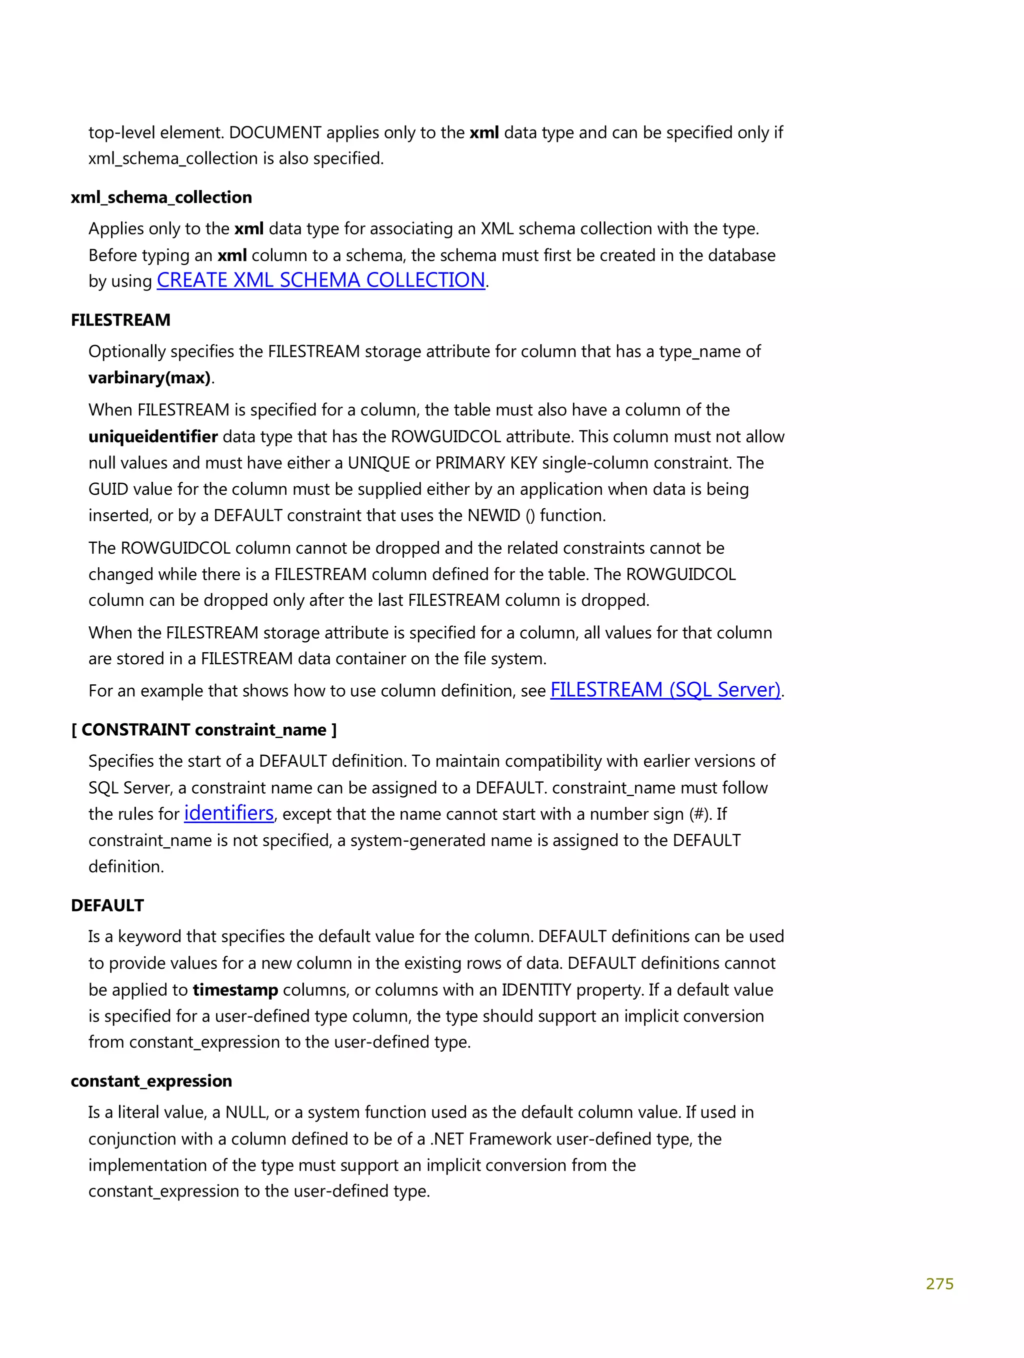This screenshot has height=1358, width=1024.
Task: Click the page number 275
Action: pos(938,1284)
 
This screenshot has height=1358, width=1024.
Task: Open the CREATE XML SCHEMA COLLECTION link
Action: pos(320,280)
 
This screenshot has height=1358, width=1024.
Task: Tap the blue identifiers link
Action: pos(228,813)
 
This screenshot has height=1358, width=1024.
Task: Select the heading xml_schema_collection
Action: pos(161,197)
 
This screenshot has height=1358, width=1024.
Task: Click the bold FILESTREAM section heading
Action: pos(120,320)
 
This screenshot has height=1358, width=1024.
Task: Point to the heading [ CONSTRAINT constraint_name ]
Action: pos(203,729)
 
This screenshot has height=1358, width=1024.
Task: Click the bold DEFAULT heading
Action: pos(107,905)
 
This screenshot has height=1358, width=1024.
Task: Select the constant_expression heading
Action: pos(151,1081)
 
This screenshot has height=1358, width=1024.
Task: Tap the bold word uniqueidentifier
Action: pos(153,436)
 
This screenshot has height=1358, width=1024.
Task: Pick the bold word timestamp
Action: pos(235,990)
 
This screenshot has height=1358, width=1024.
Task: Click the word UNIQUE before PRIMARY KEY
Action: pos(378,463)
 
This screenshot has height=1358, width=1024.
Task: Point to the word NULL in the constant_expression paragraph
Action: pos(245,1113)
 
